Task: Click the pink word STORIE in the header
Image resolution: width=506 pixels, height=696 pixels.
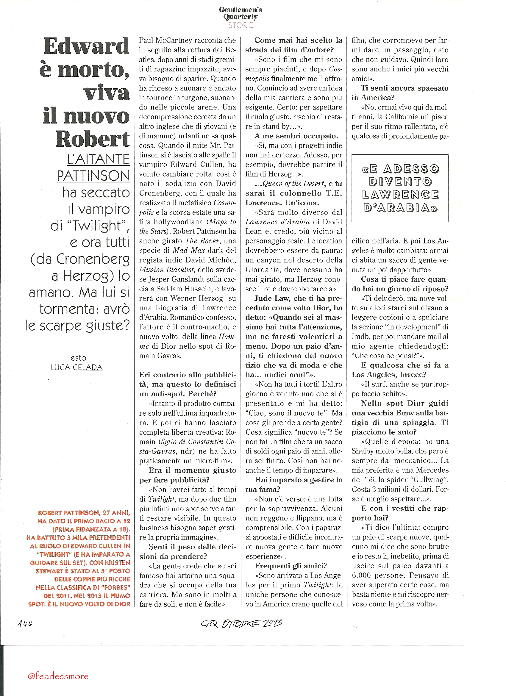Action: click(240, 25)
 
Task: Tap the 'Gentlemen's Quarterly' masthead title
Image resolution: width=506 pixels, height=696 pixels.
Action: click(240, 13)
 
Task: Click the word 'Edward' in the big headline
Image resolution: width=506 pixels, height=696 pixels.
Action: click(86, 46)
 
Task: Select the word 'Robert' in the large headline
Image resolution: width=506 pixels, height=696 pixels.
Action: click(93, 139)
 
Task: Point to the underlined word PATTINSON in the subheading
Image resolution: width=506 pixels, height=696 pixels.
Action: click(93, 176)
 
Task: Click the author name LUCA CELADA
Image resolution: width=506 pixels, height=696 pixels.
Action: click(77, 367)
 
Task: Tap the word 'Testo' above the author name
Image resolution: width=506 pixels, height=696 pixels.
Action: click(77, 358)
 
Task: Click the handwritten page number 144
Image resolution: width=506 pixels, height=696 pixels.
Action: click(25, 624)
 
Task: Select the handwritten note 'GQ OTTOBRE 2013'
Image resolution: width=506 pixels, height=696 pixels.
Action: click(241, 623)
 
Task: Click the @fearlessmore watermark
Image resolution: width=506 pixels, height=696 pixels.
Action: click(58, 676)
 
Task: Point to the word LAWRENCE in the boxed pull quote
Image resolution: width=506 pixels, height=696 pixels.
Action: click(400, 195)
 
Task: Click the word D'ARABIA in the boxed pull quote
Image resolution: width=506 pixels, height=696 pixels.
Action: click(400, 208)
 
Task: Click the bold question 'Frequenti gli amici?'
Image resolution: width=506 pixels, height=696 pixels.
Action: click(291, 566)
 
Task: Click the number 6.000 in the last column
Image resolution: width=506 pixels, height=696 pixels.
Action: click(361, 575)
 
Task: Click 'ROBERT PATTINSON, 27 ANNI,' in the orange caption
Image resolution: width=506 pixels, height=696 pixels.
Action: click(84, 513)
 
